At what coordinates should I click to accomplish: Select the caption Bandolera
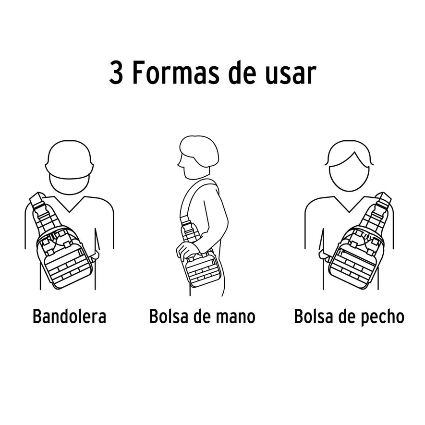[x=69, y=317]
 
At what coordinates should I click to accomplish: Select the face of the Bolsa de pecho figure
[x=349, y=173]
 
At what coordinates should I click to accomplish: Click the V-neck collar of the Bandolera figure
[x=70, y=204]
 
